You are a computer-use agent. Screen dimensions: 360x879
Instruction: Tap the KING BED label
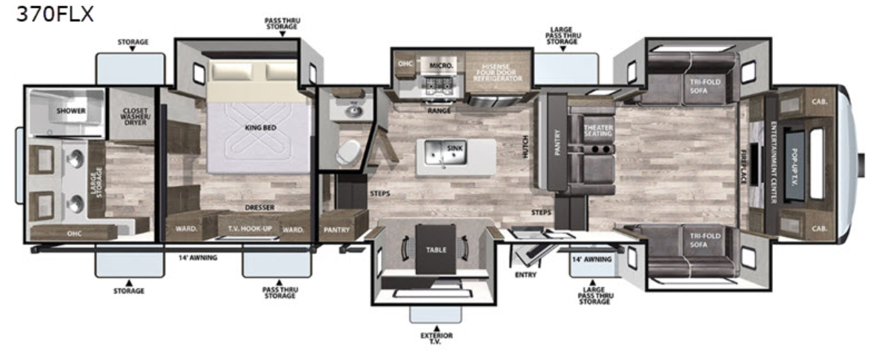[x=260, y=128]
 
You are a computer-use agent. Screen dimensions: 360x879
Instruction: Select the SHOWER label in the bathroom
[x=71, y=111]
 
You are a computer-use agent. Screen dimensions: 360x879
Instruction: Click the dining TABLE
[x=435, y=250]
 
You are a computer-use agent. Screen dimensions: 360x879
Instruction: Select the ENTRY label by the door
[x=525, y=275]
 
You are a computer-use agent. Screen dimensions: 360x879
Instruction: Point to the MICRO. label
[x=441, y=66]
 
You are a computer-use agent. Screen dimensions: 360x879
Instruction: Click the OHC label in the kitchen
[x=405, y=63]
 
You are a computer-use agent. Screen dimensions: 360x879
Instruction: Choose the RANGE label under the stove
[x=434, y=110]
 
